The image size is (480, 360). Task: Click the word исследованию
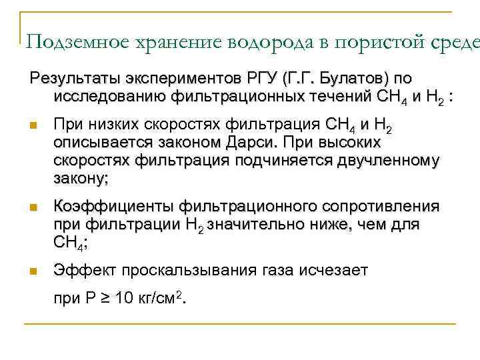tap(109, 97)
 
